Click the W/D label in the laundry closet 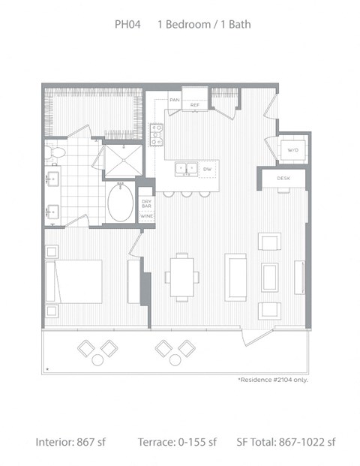292,150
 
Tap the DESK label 283,179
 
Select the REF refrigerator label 194,105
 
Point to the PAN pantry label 174,100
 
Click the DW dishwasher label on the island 207,169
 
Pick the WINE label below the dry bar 147,216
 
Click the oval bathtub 120,203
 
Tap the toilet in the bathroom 56,152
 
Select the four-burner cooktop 157,134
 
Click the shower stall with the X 124,161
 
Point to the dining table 182,278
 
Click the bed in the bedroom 73,281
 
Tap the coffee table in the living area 270,278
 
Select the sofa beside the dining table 235,278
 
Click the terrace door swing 257,338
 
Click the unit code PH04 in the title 127,24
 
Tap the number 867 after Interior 85,442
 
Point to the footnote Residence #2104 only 273,380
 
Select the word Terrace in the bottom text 156,442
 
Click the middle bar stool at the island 187,194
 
